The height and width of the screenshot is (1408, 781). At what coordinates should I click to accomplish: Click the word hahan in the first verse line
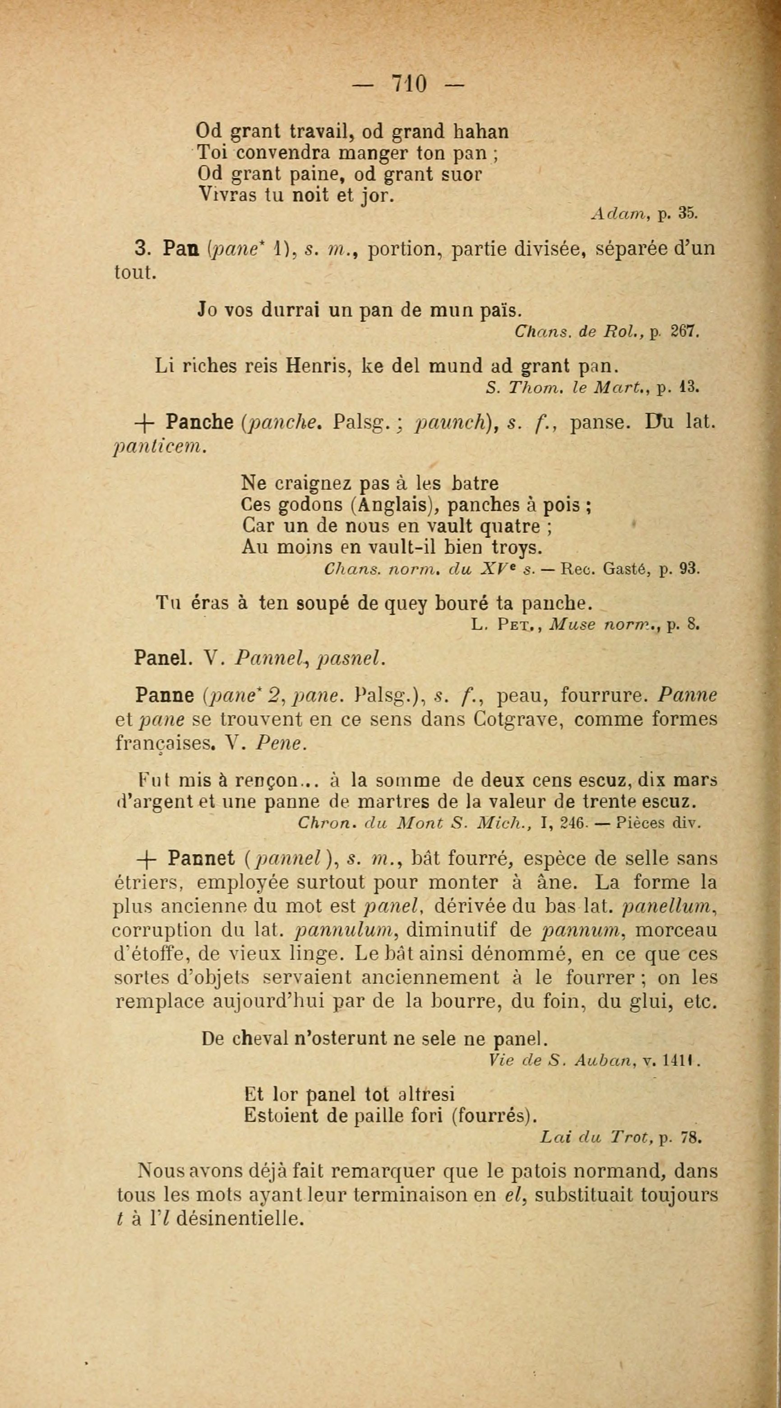click(481, 132)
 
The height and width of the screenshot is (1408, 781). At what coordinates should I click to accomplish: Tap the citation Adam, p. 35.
click(645, 214)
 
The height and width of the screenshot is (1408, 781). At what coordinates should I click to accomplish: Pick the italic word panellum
click(669, 907)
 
